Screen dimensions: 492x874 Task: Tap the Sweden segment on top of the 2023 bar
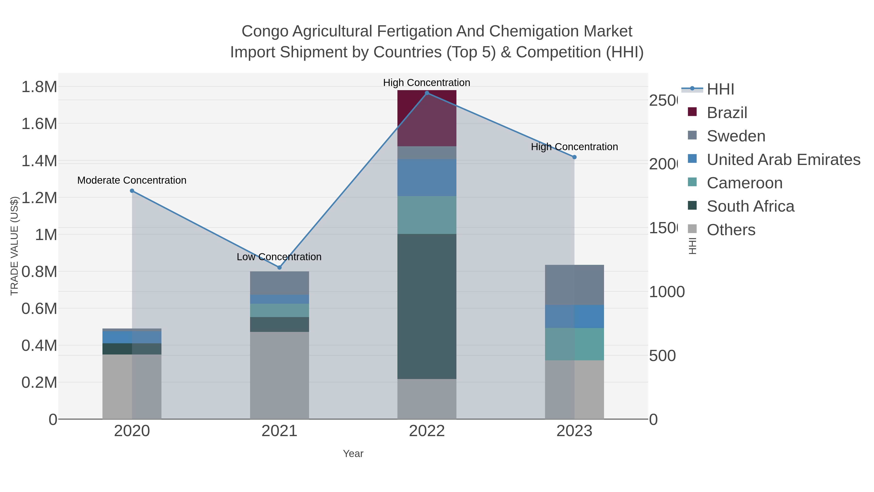(x=574, y=285)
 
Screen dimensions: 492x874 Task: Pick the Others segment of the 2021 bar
(x=279, y=375)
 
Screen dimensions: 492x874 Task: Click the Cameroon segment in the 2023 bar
(x=574, y=344)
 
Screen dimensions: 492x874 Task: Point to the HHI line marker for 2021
(x=279, y=268)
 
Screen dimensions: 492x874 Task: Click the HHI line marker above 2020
(x=132, y=191)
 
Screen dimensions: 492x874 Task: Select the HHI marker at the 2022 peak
(x=427, y=93)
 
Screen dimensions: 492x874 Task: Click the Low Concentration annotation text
(x=279, y=257)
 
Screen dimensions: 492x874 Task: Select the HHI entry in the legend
(x=720, y=89)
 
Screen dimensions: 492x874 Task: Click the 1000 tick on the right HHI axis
(x=666, y=292)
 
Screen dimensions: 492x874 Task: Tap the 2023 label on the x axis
(x=574, y=431)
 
